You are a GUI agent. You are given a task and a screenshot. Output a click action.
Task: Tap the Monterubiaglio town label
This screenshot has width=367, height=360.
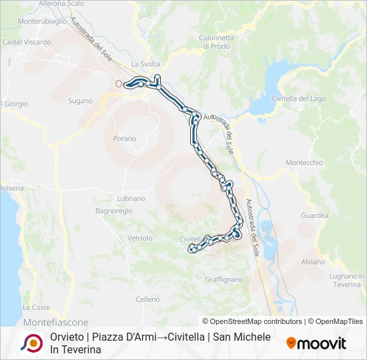(x=42, y=21)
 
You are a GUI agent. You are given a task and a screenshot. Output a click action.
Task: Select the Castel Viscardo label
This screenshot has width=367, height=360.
(x=27, y=41)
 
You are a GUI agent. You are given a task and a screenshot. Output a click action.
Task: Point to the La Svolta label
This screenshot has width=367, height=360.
(x=146, y=64)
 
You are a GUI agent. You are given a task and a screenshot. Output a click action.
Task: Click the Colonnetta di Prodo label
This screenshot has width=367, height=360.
(x=216, y=42)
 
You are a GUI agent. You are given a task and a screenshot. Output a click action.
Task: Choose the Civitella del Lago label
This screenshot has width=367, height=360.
(x=299, y=99)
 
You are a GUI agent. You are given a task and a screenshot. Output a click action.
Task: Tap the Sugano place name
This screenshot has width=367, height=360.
(x=80, y=101)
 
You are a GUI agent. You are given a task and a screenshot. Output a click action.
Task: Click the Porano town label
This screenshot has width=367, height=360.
(x=125, y=139)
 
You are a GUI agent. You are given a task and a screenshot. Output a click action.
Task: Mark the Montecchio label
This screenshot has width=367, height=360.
(x=304, y=163)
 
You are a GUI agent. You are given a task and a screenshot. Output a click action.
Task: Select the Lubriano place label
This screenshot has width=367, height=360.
(x=131, y=199)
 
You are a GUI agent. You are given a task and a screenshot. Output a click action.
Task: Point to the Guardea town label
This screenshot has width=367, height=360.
(x=315, y=215)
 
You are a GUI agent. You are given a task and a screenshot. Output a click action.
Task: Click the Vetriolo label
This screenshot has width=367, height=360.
(x=140, y=238)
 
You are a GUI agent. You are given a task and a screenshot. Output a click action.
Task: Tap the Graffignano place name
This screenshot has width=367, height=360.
(x=224, y=279)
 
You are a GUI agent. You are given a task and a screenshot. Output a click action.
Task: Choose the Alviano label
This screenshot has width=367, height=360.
(x=313, y=262)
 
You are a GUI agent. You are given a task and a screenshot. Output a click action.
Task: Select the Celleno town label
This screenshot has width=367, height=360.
(x=147, y=300)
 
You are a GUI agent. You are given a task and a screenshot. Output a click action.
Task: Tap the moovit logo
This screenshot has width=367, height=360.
(x=316, y=343)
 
